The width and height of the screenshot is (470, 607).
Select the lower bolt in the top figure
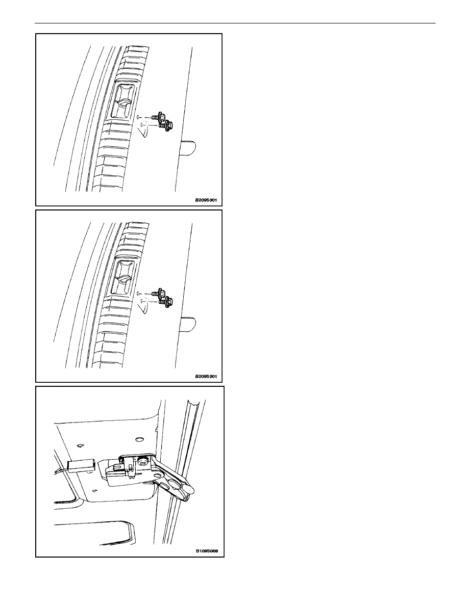pos(166,125)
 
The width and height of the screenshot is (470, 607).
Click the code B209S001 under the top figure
pos(206,200)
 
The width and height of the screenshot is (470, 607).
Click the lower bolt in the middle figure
pos(166,302)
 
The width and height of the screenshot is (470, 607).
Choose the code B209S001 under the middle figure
pos(206,376)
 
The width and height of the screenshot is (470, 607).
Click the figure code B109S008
pos(207,551)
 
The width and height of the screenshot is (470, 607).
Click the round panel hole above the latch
pos(139,440)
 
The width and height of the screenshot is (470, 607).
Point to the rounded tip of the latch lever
pos(191,490)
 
